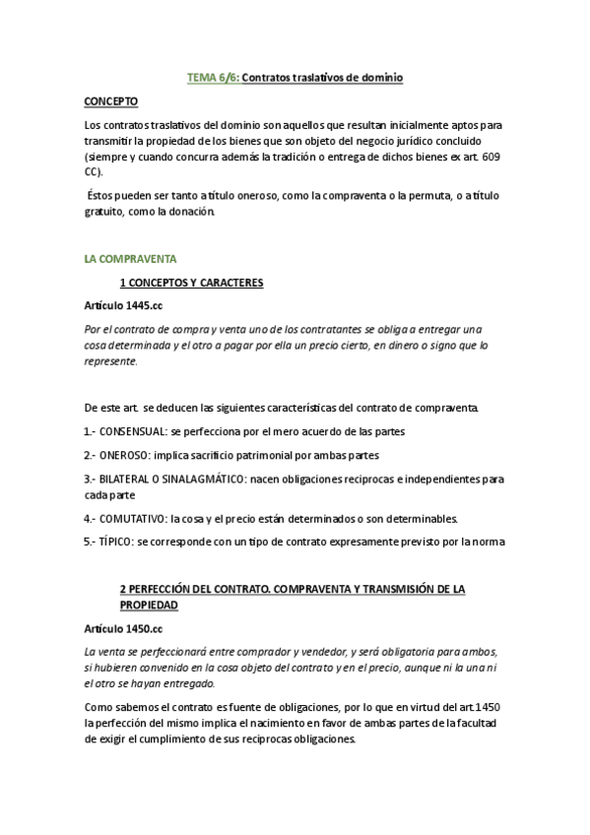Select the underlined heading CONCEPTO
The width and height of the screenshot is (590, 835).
click(111, 100)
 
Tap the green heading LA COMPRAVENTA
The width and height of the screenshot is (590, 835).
click(130, 259)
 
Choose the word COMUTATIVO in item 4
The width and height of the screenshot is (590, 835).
click(132, 518)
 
